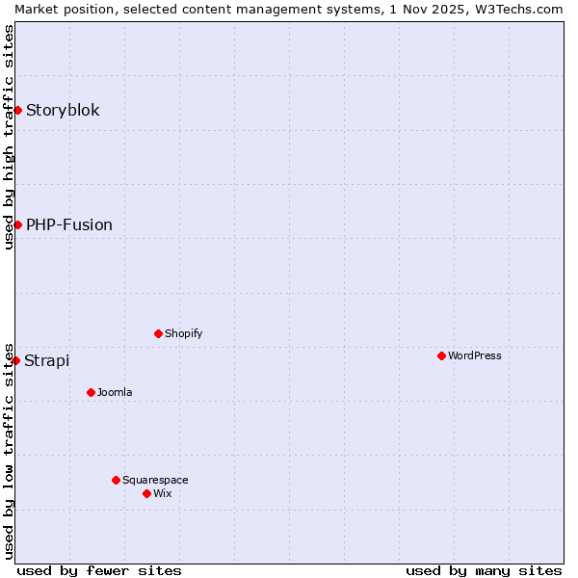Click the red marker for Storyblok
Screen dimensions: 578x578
coord(17,110)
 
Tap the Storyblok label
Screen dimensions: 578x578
coord(63,110)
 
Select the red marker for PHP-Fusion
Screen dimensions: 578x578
coord(17,224)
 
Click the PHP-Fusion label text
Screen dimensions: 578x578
coord(69,224)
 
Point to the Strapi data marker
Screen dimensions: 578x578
coord(15,360)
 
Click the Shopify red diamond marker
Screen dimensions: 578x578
coord(158,333)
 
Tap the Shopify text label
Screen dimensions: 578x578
coord(183,333)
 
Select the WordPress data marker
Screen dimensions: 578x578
coord(441,355)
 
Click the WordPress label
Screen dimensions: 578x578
coord(474,355)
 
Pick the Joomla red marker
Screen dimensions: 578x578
coord(91,392)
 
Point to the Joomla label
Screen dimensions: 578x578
coord(115,392)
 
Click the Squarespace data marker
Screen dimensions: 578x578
coord(116,480)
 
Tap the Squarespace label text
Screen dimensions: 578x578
coord(155,480)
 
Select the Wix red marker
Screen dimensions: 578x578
coord(146,493)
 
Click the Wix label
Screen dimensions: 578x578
coord(162,493)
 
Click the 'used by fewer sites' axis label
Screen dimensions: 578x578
coord(99,570)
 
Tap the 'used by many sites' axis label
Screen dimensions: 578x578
coord(484,570)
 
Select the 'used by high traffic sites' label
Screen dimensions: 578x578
coord(9,137)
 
